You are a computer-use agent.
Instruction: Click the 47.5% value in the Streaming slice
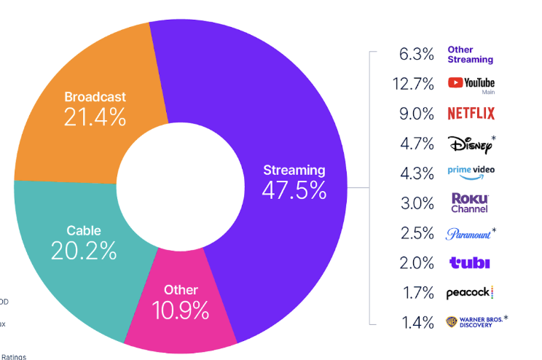pyautogui.click(x=294, y=190)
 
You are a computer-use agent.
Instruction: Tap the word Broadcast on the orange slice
pyautogui.click(x=95, y=97)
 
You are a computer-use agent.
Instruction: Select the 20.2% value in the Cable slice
pyautogui.click(x=84, y=251)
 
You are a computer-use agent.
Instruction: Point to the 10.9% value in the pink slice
pyautogui.click(x=181, y=311)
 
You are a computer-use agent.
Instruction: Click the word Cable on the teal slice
pyautogui.click(x=84, y=231)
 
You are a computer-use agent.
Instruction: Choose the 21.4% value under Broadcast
pyautogui.click(x=95, y=117)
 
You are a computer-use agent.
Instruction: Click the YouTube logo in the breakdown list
pyautogui.click(x=471, y=84)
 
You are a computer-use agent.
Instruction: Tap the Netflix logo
pyautogui.click(x=471, y=113)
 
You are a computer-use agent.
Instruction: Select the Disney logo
pyautogui.click(x=471, y=144)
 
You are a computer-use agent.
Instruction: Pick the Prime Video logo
pyautogui.click(x=471, y=171)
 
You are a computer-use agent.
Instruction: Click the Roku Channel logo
pyautogui.click(x=470, y=203)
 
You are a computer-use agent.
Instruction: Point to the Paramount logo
pyautogui.click(x=469, y=234)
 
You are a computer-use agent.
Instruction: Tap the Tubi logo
pyautogui.click(x=470, y=263)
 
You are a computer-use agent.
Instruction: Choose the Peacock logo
pyautogui.click(x=470, y=293)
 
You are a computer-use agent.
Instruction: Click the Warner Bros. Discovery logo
pyautogui.click(x=475, y=321)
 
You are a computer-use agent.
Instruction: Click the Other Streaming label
pyautogui.click(x=470, y=55)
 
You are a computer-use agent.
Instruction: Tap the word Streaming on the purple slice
pyautogui.click(x=294, y=171)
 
